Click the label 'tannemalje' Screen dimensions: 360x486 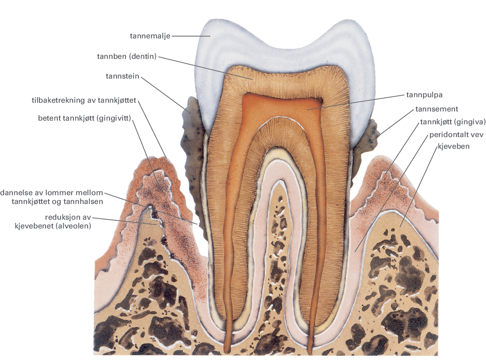click(x=150, y=36)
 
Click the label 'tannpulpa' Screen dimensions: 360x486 click(x=424, y=95)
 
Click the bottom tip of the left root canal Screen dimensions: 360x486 click(x=229, y=349)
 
